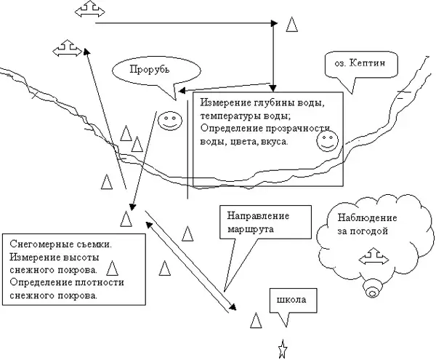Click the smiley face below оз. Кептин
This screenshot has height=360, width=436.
[x=327, y=140]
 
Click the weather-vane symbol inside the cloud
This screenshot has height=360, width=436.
[x=374, y=259]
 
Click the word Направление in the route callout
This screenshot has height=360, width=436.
[x=257, y=217]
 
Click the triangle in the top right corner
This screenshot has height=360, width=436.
[x=291, y=24]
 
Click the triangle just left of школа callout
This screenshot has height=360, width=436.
[x=256, y=321]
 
